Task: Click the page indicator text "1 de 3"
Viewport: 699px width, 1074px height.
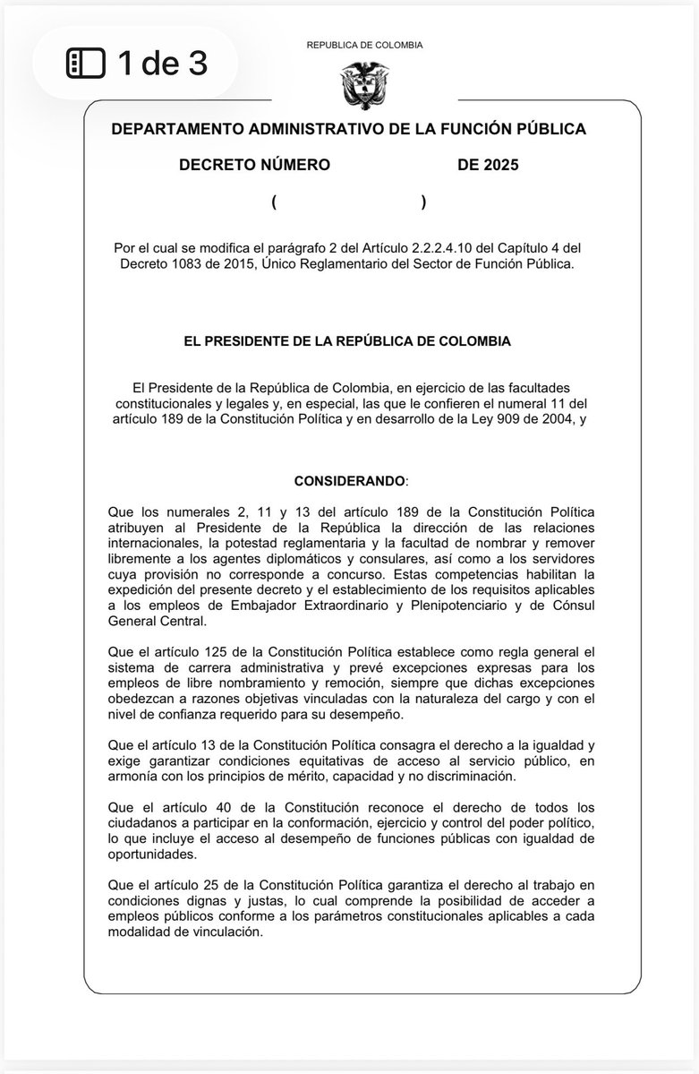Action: point(162,63)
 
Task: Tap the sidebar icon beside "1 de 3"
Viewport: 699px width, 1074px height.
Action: point(86,63)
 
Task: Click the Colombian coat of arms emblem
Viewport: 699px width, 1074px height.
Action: point(363,84)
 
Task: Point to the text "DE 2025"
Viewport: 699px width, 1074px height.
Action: point(488,165)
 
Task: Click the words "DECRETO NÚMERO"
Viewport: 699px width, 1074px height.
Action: point(254,165)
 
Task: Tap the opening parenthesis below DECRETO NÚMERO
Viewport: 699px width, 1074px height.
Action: point(274,202)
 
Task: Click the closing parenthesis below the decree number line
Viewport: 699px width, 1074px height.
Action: point(423,202)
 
